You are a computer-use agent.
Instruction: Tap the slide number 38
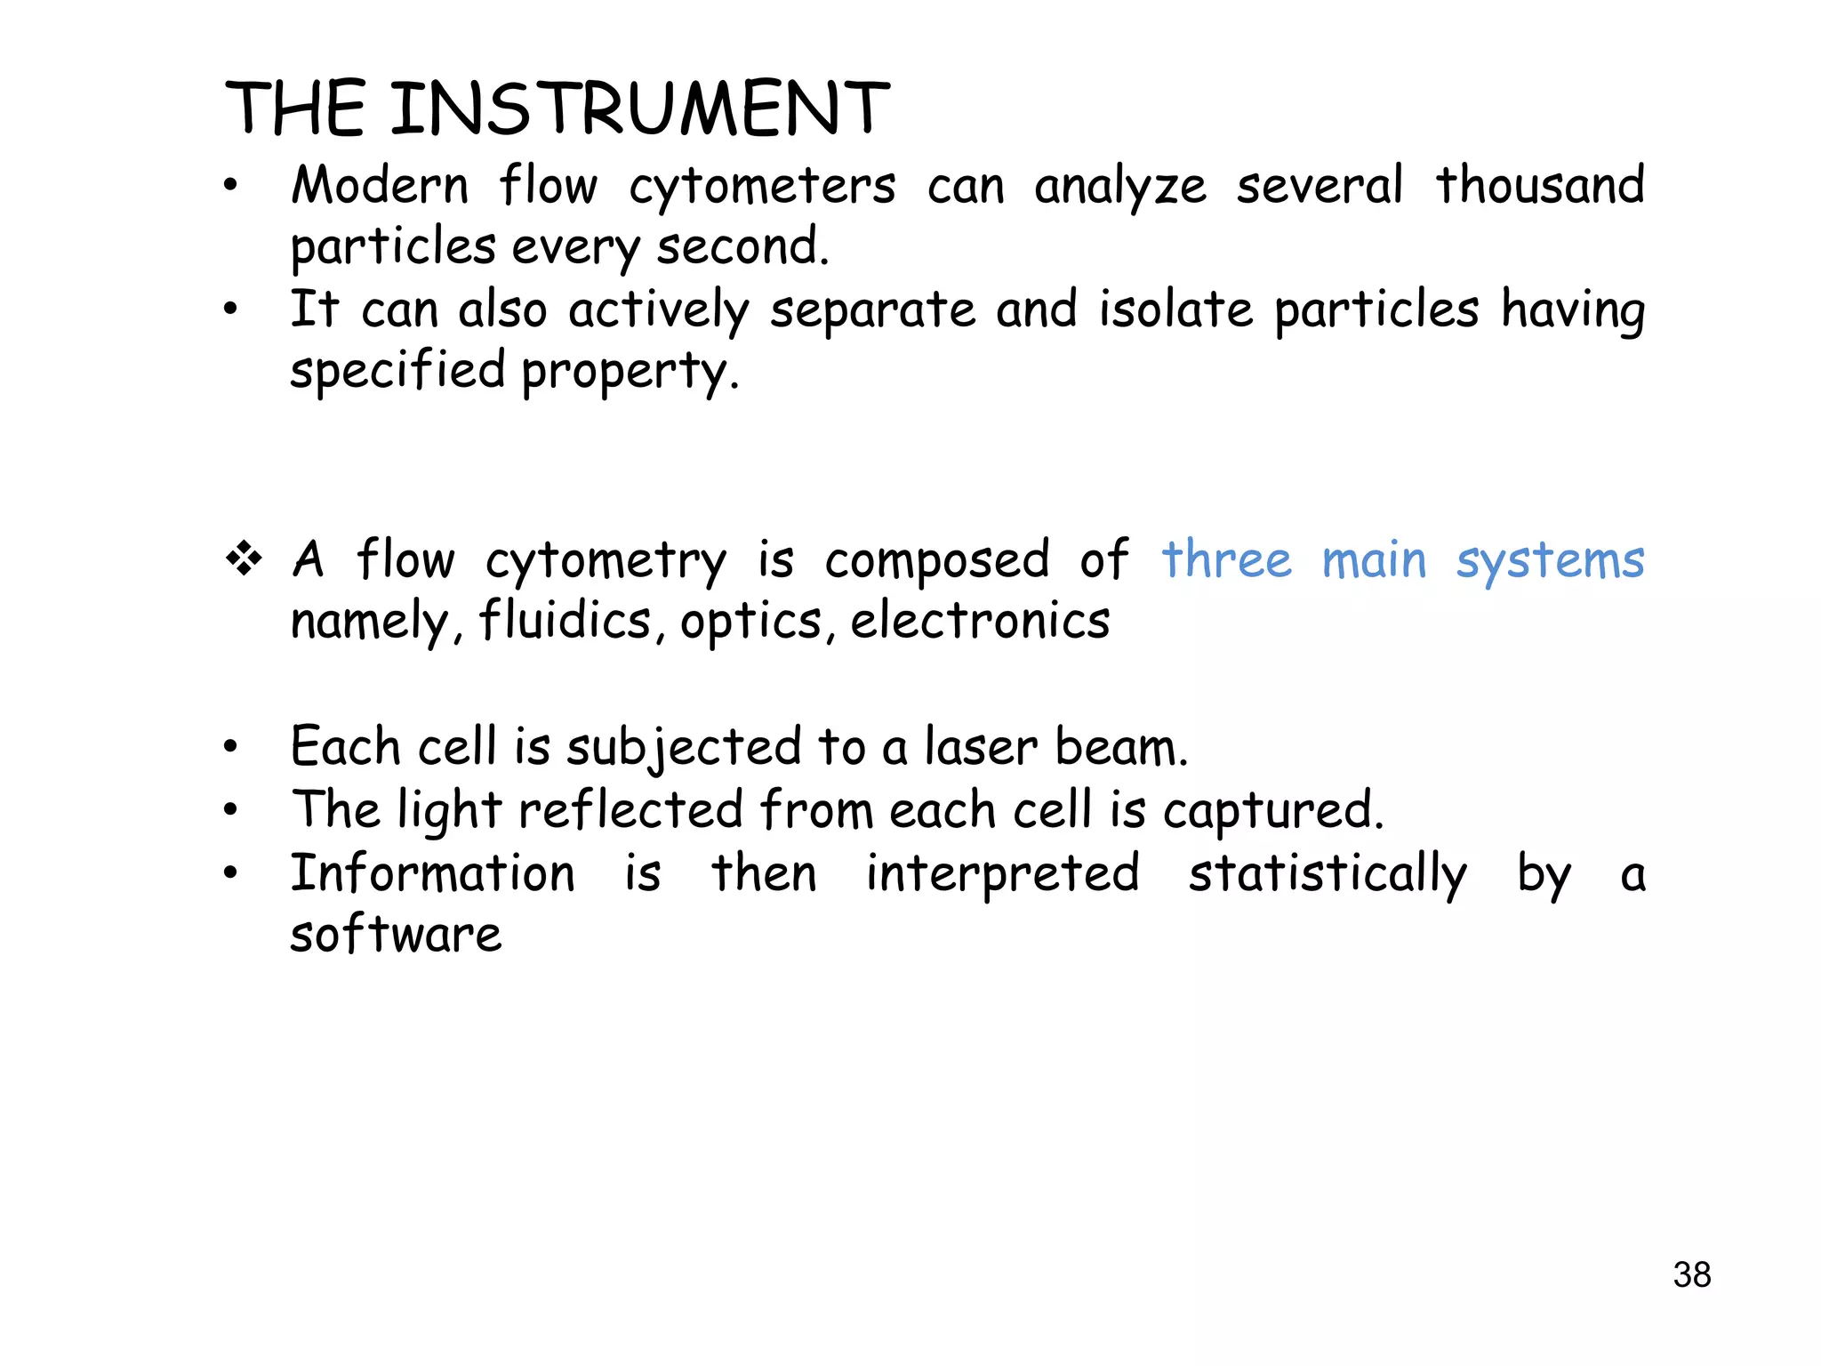1691,1274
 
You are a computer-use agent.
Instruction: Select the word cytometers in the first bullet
762,188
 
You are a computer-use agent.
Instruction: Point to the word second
742,247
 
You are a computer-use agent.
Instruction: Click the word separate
872,311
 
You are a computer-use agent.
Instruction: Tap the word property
630,372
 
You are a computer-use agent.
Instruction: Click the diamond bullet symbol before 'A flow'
244,559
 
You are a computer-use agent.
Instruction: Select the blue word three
1226,560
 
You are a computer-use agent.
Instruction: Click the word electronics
980,620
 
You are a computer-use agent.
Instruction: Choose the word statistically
1328,874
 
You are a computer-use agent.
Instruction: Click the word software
397,935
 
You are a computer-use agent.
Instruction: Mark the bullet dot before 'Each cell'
231,747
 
